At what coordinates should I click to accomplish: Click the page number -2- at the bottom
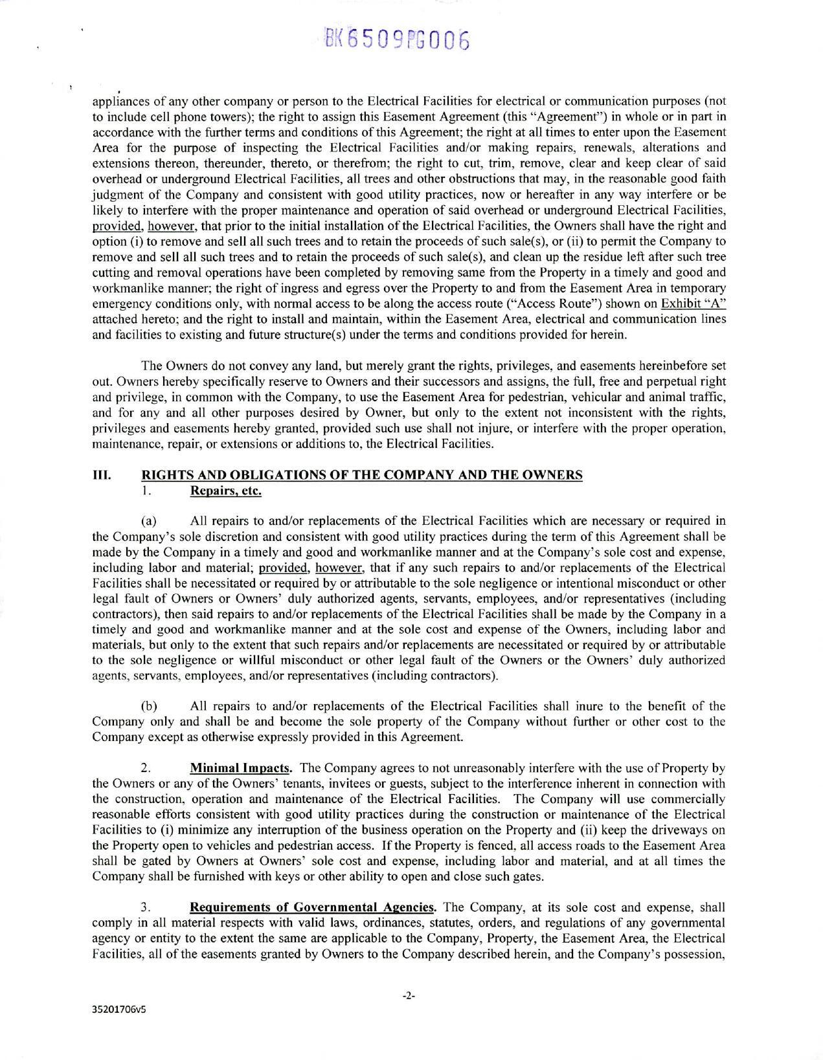point(408,996)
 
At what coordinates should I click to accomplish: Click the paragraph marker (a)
point(149,521)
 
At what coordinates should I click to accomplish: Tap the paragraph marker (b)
point(149,706)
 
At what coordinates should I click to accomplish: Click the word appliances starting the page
point(115,102)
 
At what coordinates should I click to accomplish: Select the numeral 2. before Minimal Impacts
point(146,768)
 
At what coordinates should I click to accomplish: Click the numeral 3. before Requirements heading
point(146,907)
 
